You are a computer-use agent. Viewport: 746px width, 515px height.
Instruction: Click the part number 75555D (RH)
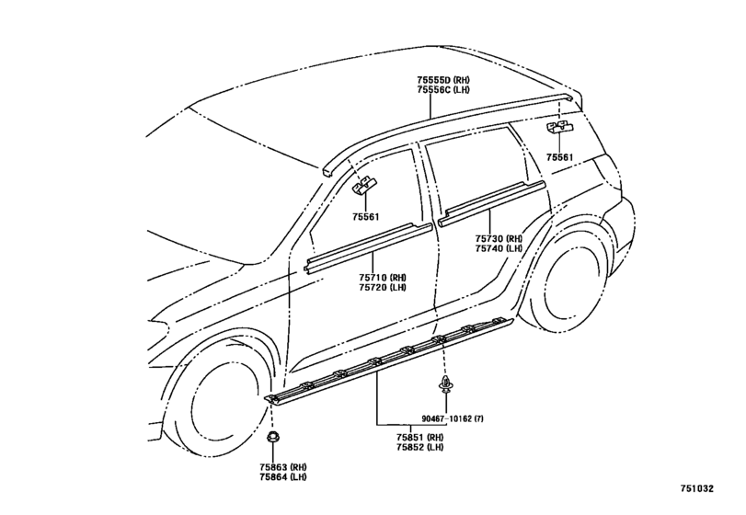pyautogui.click(x=443, y=80)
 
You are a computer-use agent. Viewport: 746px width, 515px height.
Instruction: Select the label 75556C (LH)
pyautogui.click(x=443, y=90)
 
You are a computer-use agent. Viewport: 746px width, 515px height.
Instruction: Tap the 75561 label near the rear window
pyautogui.click(x=559, y=157)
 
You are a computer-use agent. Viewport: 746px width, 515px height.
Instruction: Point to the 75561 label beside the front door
pyautogui.click(x=366, y=217)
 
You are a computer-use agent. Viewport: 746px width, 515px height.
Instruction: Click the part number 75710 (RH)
pyautogui.click(x=383, y=278)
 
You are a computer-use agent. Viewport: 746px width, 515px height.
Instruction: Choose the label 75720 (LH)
pyautogui.click(x=383, y=287)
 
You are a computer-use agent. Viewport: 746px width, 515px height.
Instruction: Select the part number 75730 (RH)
pyautogui.click(x=499, y=239)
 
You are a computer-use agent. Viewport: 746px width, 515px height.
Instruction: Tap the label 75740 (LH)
pyautogui.click(x=499, y=248)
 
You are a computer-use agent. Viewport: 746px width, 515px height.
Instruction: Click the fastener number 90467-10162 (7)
pyautogui.click(x=453, y=419)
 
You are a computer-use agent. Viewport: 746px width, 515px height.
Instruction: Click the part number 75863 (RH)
pyautogui.click(x=283, y=467)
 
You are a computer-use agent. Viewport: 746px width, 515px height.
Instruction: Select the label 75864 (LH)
pyautogui.click(x=283, y=477)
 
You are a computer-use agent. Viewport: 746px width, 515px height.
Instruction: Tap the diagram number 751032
pyautogui.click(x=696, y=488)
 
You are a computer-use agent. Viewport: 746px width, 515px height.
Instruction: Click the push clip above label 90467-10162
pyautogui.click(x=446, y=383)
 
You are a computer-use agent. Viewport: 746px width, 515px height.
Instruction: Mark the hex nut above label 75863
pyautogui.click(x=272, y=437)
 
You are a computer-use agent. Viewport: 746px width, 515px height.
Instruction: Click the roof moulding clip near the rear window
pyautogui.click(x=559, y=128)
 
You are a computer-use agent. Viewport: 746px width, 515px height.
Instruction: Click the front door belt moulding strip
pyautogui.click(x=368, y=248)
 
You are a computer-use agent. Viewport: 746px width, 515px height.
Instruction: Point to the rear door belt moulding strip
pyautogui.click(x=491, y=203)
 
